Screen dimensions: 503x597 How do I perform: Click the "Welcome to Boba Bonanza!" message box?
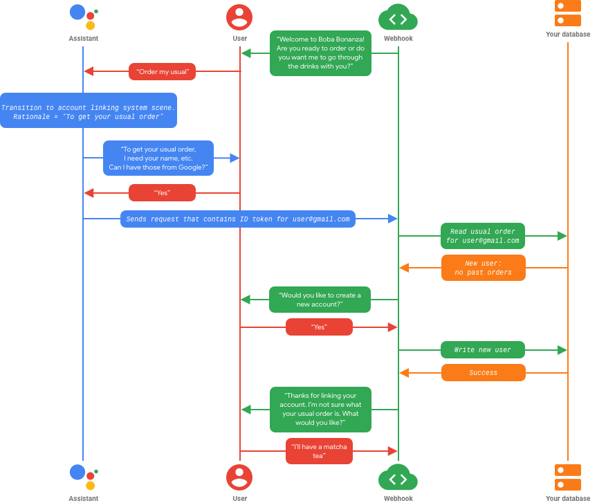point(320,53)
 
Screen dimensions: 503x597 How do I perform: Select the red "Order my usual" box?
point(162,71)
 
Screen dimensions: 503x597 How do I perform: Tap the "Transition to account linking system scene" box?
point(88,111)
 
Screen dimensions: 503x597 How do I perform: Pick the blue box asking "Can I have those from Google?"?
point(158,158)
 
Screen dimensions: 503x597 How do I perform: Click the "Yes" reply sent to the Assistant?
point(162,192)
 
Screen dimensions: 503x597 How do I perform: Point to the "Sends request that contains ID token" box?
point(238,219)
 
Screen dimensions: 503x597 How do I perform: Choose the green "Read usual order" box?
point(483,236)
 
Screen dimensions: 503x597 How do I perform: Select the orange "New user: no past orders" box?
point(484,267)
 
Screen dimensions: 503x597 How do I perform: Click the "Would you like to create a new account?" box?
point(320,300)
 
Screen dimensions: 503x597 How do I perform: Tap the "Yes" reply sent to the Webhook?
point(319,327)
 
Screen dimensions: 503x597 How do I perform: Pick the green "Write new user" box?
point(483,349)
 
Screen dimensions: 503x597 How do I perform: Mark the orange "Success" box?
point(484,372)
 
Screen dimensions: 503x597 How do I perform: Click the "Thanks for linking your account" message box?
point(320,409)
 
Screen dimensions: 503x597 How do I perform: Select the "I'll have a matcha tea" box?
point(319,451)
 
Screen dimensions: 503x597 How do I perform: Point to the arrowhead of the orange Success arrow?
point(404,372)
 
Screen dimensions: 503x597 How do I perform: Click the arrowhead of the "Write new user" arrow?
point(562,349)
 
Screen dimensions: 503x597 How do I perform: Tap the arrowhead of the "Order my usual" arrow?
point(89,71)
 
